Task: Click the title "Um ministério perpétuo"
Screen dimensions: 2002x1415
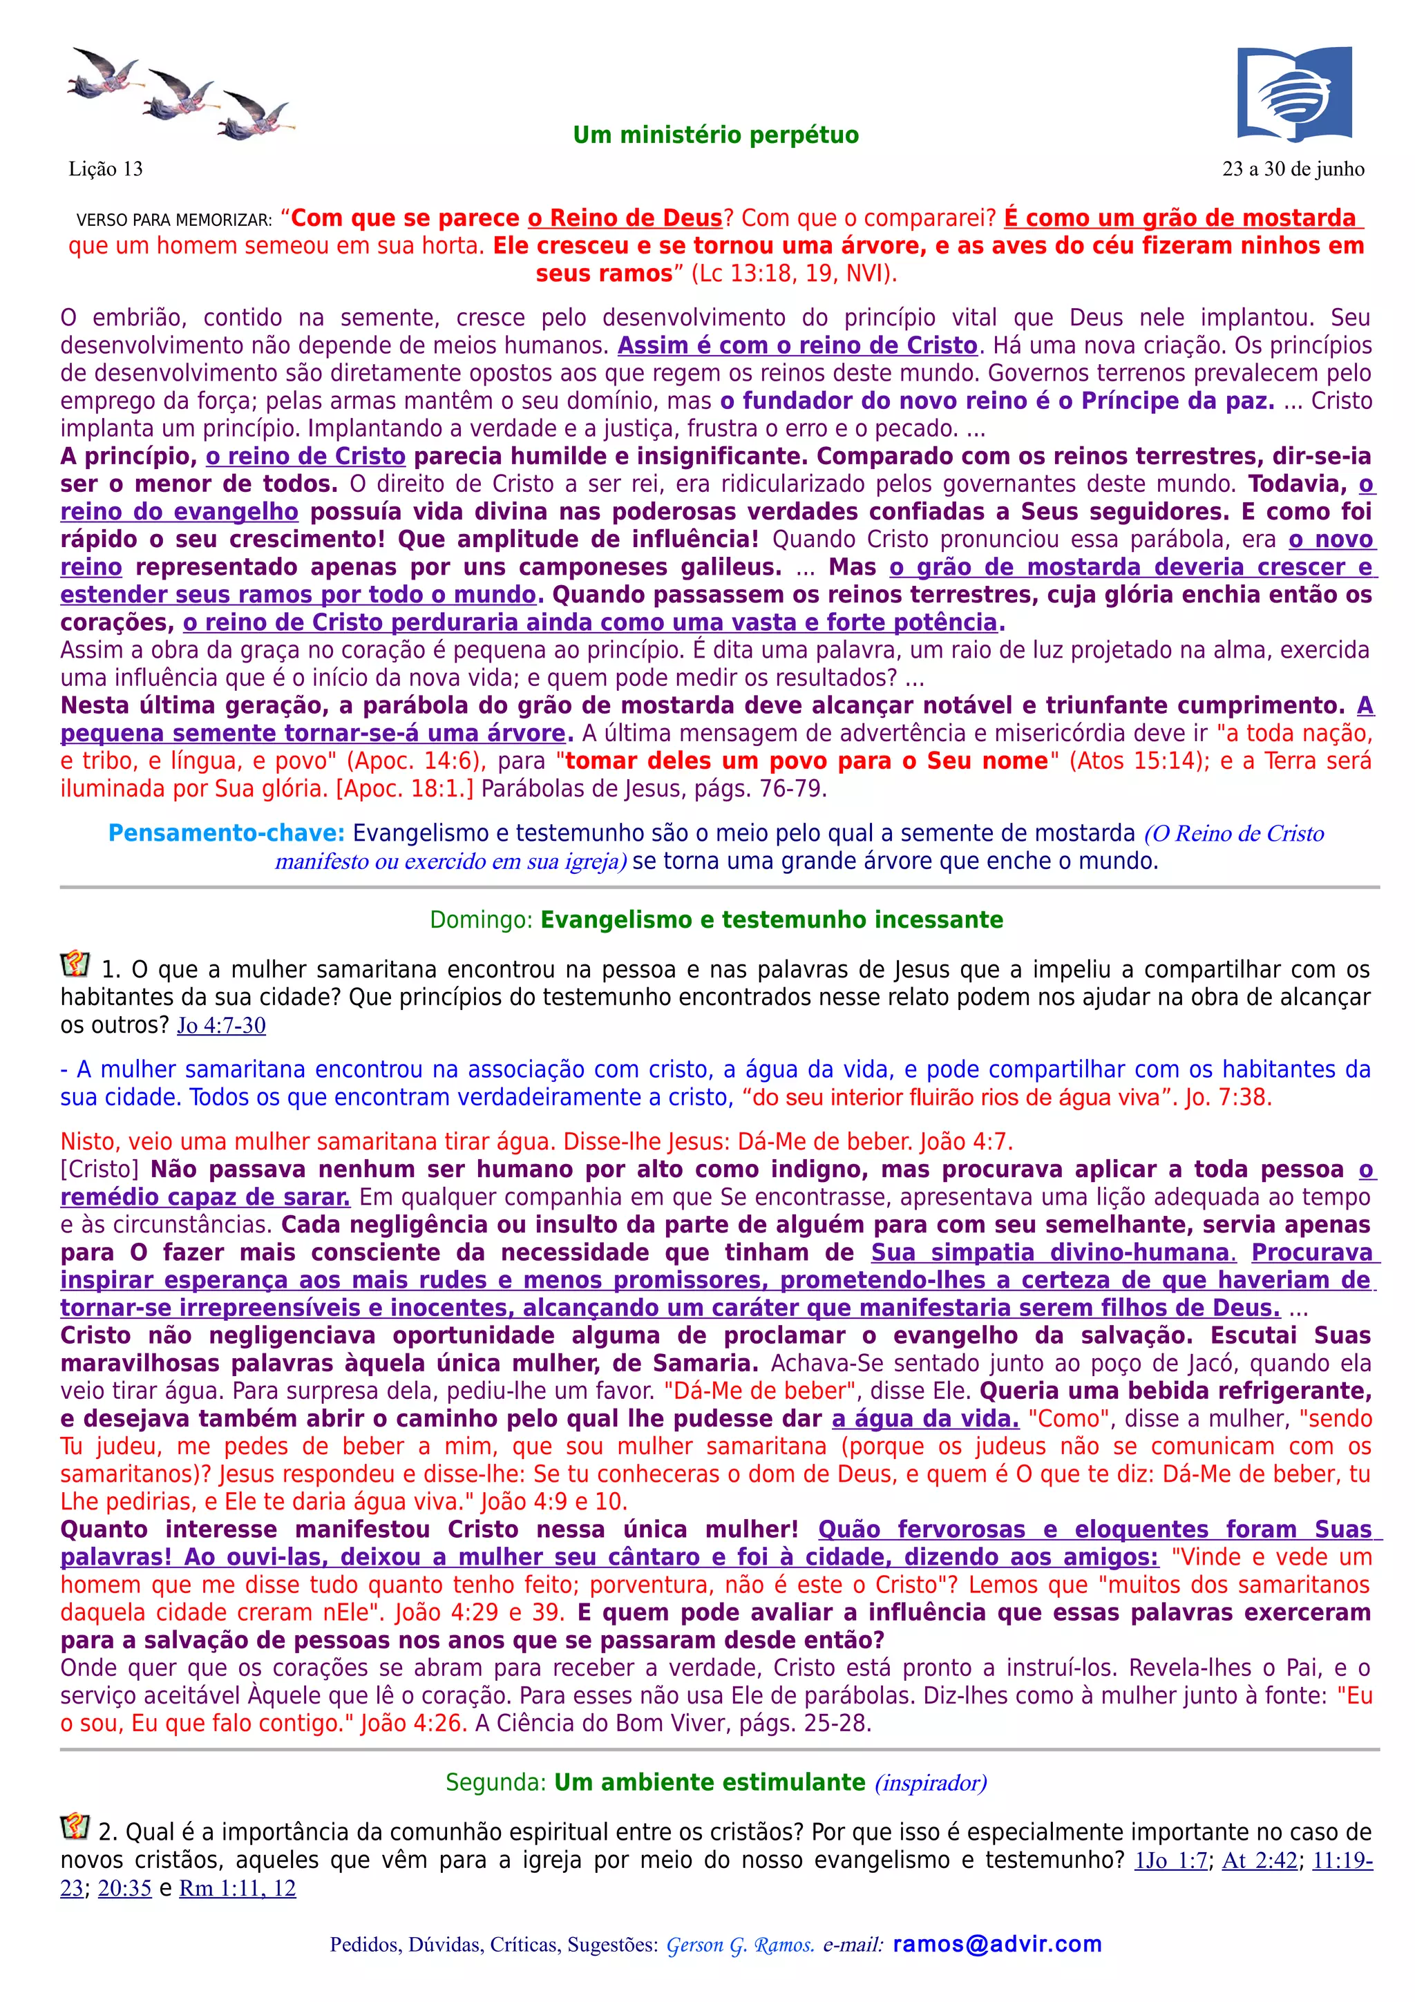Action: click(x=715, y=135)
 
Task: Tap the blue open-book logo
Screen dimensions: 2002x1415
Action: click(x=1294, y=93)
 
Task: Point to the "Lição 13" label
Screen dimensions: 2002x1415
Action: click(x=106, y=169)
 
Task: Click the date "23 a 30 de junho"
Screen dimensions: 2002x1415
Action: click(x=1293, y=169)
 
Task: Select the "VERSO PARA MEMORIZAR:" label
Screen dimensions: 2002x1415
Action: click(x=174, y=220)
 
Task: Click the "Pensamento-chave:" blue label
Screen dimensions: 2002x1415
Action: click(x=226, y=834)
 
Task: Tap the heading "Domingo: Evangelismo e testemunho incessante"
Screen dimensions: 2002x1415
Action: click(x=716, y=920)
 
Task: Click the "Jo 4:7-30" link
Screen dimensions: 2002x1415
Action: click(x=222, y=1025)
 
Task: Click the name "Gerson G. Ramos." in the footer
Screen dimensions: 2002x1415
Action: click(x=740, y=1945)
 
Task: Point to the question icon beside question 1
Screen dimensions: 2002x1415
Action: click(x=75, y=964)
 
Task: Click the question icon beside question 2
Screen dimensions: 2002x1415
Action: click(x=75, y=1826)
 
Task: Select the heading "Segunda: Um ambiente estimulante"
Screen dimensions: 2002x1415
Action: click(x=655, y=1782)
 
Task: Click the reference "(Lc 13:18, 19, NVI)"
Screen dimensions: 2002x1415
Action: click(x=793, y=274)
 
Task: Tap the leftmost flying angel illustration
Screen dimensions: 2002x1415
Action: click(x=103, y=73)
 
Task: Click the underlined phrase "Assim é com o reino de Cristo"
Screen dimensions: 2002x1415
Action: click(x=797, y=346)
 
